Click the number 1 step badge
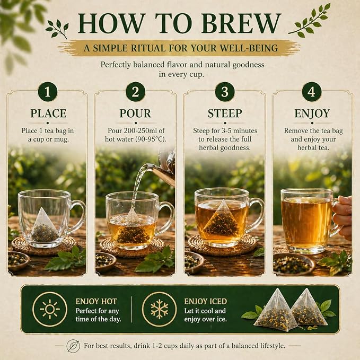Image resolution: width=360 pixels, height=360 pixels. pos(48,92)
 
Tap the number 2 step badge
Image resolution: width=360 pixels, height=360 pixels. pos(135,92)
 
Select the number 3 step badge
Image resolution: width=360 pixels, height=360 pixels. pos(225,92)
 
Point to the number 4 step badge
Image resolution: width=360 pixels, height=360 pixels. pos(312,92)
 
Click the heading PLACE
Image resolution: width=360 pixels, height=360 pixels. pos(48,113)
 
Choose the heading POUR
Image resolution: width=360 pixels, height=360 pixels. pos(135,113)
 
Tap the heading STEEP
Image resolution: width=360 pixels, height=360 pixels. pos(225,113)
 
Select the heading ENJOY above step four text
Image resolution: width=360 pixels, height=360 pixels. pos(312,113)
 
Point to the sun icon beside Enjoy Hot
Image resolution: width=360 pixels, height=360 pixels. pos(50,309)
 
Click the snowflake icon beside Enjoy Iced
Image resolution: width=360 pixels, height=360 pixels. pos(159,309)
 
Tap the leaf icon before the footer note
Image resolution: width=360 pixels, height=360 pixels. pos(73,346)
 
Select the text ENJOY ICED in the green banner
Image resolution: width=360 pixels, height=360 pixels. pos(206,302)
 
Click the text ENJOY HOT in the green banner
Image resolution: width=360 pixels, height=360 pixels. pos(96,302)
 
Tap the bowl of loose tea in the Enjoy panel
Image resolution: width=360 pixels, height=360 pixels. pos(294,264)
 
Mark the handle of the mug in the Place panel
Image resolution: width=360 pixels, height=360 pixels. pos(79,215)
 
